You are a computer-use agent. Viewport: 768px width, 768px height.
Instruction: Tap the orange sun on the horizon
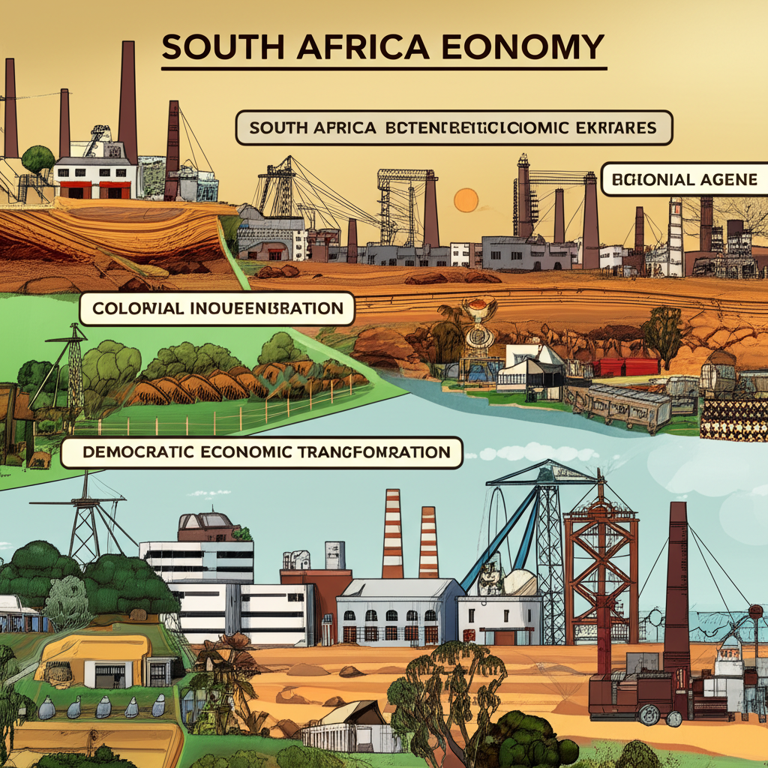click(466, 200)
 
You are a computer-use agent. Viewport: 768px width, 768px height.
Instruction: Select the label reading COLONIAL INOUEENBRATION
click(216, 309)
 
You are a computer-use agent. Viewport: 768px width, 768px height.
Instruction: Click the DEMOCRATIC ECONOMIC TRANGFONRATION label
click(261, 454)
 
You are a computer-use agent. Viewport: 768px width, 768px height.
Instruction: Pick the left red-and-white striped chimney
click(392, 533)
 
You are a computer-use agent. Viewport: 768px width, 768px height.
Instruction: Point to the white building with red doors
click(95, 178)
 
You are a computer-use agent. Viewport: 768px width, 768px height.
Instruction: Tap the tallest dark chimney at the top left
click(127, 101)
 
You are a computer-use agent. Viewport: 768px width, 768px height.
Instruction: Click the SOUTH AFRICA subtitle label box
click(454, 128)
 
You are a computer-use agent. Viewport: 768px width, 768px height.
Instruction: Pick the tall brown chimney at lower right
click(676, 585)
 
